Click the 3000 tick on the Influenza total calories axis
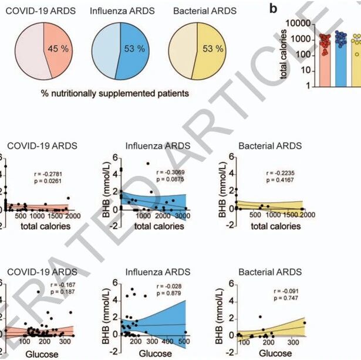coord(183,215)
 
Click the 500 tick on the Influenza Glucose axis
coord(183,342)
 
